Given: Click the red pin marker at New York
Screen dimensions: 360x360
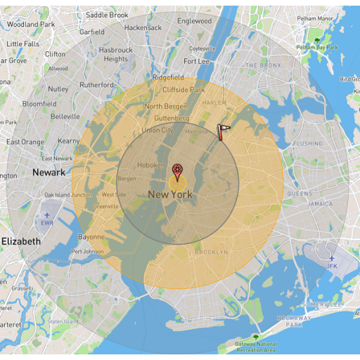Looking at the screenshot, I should coord(177,170).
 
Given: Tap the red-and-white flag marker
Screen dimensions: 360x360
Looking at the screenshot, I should coord(223,131).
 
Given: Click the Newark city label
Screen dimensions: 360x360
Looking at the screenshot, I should coord(49,172).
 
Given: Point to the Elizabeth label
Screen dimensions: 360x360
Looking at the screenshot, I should coord(20,241).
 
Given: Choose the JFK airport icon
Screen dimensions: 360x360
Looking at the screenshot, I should coord(332,259).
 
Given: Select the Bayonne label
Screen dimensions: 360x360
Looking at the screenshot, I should coord(91,237).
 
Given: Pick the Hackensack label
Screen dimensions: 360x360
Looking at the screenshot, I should coord(143,27).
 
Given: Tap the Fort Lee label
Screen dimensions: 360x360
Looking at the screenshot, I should coord(196,61).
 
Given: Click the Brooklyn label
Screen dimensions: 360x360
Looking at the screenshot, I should coord(211,252).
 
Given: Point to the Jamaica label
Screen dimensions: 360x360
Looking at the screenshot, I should coord(320,204).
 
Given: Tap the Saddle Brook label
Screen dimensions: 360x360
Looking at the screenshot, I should coord(107,15).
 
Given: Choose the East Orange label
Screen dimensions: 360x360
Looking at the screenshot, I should coord(25,142).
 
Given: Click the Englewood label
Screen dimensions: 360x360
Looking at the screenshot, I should coord(194,21).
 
